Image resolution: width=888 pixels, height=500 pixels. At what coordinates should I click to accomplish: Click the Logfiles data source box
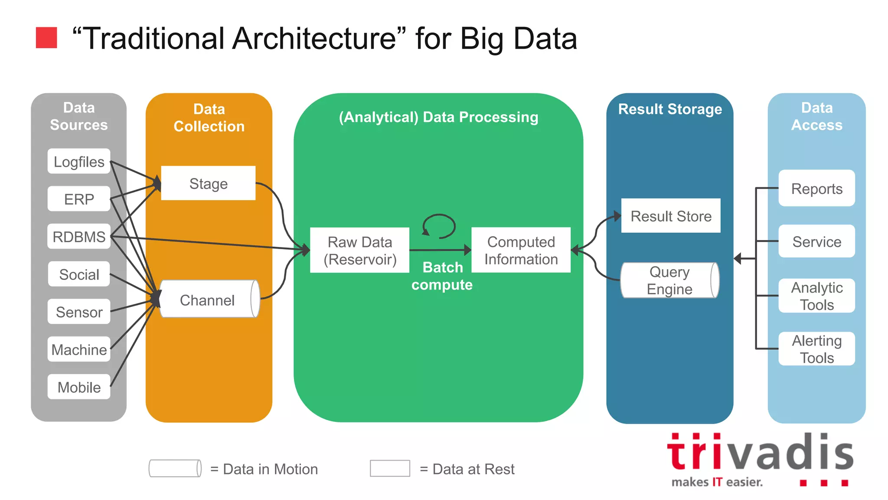coord(79,161)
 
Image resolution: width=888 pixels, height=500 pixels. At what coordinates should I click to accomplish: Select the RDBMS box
coord(79,237)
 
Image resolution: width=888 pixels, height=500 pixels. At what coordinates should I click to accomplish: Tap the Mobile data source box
coord(79,387)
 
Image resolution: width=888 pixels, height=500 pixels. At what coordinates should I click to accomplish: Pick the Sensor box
coord(79,312)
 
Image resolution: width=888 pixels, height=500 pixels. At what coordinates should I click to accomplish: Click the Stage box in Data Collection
coord(208,183)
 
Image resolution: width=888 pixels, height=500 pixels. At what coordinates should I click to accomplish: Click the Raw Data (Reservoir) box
coord(359,250)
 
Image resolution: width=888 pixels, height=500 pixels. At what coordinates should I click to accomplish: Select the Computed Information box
coord(521,250)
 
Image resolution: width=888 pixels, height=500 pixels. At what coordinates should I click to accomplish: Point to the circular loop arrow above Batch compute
coord(439,226)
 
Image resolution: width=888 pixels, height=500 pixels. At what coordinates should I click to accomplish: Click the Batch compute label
coord(442,276)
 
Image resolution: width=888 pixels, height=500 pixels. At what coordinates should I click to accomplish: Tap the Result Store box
coord(671,216)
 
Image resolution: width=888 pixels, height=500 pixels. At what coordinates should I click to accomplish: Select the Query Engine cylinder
coord(669,280)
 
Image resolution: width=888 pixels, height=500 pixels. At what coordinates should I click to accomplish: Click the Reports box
coord(816,188)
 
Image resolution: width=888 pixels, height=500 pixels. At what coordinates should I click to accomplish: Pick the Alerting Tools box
coord(816,349)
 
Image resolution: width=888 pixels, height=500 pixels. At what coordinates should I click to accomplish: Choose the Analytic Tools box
coord(816,296)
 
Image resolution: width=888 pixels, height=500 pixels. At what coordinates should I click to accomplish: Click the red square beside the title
coord(46,38)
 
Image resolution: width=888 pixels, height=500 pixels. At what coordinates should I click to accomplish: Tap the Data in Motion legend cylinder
coord(175,469)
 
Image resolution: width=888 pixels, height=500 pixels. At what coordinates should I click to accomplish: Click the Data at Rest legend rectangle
coord(390,469)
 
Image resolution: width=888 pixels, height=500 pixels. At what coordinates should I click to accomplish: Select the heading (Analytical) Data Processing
coord(438,117)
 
